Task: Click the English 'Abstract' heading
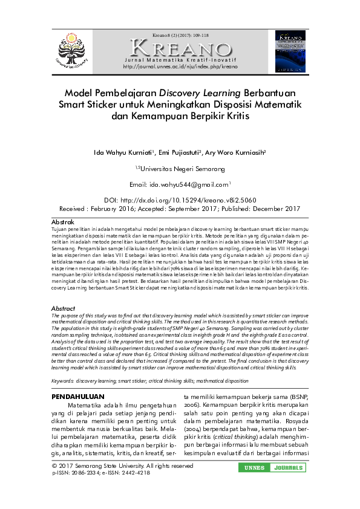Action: click(x=63, y=308)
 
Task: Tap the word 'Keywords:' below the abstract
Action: click(x=63, y=381)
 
